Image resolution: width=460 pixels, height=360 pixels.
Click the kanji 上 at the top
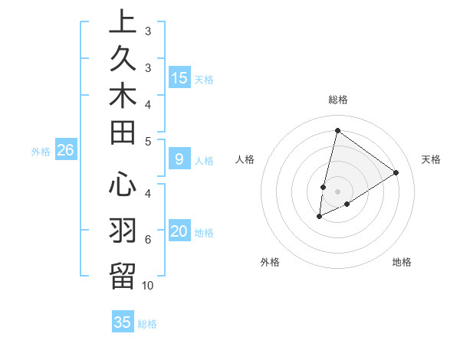pyautogui.click(x=123, y=23)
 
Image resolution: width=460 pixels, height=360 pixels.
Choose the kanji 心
pyautogui.click(x=123, y=185)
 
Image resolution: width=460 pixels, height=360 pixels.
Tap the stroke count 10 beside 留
pyautogui.click(x=148, y=286)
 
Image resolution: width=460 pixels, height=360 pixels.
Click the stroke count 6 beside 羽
pyautogui.click(x=148, y=240)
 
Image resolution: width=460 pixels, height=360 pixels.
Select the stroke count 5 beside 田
pyautogui.click(x=148, y=141)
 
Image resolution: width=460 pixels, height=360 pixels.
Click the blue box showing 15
pyautogui.click(x=179, y=78)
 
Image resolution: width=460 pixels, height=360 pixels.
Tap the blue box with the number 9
pyautogui.click(x=179, y=160)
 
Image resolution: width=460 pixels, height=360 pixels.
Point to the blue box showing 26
pyautogui.click(x=65, y=151)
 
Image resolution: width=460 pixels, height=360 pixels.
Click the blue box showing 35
pyautogui.click(x=123, y=322)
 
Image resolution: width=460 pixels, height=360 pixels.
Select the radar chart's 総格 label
pyautogui.click(x=337, y=99)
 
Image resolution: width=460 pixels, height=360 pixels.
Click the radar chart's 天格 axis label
pyautogui.click(x=431, y=159)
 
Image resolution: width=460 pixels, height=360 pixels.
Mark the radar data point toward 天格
pyautogui.click(x=396, y=172)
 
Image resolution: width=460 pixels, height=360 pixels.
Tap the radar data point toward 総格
pyautogui.click(x=337, y=130)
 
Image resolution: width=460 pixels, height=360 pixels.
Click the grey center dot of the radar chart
pyautogui.click(x=337, y=191)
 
